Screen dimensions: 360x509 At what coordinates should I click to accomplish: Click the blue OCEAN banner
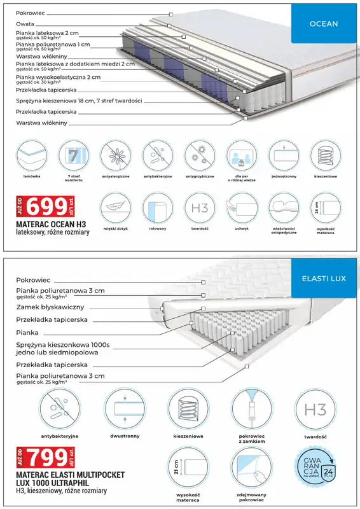click(x=323, y=24)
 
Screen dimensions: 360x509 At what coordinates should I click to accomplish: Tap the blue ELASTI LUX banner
click(x=323, y=278)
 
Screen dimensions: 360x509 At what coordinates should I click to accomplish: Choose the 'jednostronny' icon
click(x=283, y=156)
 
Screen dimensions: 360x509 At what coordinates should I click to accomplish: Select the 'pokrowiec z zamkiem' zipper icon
click(x=251, y=408)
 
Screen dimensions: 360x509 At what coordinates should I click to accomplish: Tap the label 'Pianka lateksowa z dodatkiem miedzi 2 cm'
click(x=75, y=64)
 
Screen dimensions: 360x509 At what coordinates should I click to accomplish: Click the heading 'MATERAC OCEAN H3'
click(x=50, y=224)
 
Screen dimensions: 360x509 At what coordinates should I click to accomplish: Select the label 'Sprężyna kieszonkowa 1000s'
click(x=63, y=344)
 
